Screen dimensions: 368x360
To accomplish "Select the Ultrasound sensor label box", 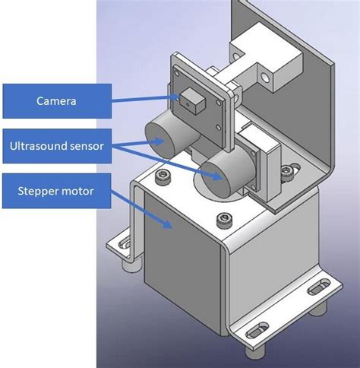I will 56,144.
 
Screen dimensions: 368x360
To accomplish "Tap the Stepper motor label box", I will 56,190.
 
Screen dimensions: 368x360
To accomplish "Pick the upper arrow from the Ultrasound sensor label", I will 137,141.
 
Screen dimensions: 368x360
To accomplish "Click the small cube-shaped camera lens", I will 190,97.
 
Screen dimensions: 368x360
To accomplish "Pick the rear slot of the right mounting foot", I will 316,290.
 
